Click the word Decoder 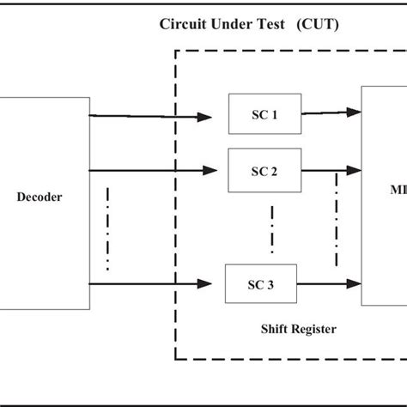click(x=39, y=197)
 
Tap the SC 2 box click(x=264, y=170)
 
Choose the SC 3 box click(x=261, y=284)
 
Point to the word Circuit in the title click(x=185, y=23)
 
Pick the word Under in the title click(x=231, y=23)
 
